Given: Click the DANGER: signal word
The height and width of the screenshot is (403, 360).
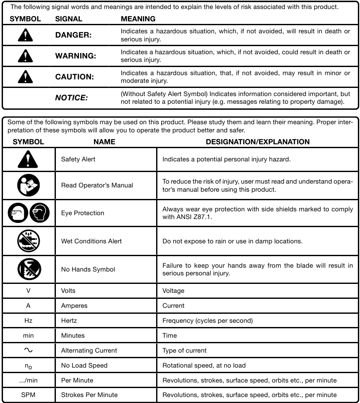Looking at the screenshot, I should click(73, 35).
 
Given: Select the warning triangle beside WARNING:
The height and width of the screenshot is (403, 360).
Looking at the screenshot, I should click(25, 56).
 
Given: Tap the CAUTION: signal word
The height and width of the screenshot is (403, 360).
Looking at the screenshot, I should click(74, 77).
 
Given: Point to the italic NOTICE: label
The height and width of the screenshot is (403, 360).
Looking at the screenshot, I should click(71, 98).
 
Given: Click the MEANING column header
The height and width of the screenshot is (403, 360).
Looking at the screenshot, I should click(138, 19).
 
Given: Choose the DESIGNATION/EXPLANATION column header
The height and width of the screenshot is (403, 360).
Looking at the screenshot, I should click(258, 142).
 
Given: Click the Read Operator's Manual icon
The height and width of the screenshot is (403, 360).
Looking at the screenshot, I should click(29, 185).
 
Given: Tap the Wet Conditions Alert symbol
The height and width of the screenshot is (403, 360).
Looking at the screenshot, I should click(29, 241).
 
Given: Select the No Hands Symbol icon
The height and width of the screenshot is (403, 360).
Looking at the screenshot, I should click(29, 269).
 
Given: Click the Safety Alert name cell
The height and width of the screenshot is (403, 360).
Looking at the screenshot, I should click(78, 159).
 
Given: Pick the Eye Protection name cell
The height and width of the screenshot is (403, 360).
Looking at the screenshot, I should click(82, 213).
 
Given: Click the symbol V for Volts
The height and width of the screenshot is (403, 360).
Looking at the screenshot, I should click(28, 291).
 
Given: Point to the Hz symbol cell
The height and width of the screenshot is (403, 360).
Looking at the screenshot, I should click(28, 320).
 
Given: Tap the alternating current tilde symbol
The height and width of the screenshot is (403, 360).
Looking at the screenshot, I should click(28, 350).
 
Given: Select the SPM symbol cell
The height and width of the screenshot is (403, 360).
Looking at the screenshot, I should click(28, 395).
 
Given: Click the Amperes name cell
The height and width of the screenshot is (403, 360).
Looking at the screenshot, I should click(74, 306).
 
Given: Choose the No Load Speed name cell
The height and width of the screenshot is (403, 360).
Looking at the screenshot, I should click(84, 365).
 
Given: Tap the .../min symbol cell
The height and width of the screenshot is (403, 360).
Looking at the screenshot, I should click(28, 380).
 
